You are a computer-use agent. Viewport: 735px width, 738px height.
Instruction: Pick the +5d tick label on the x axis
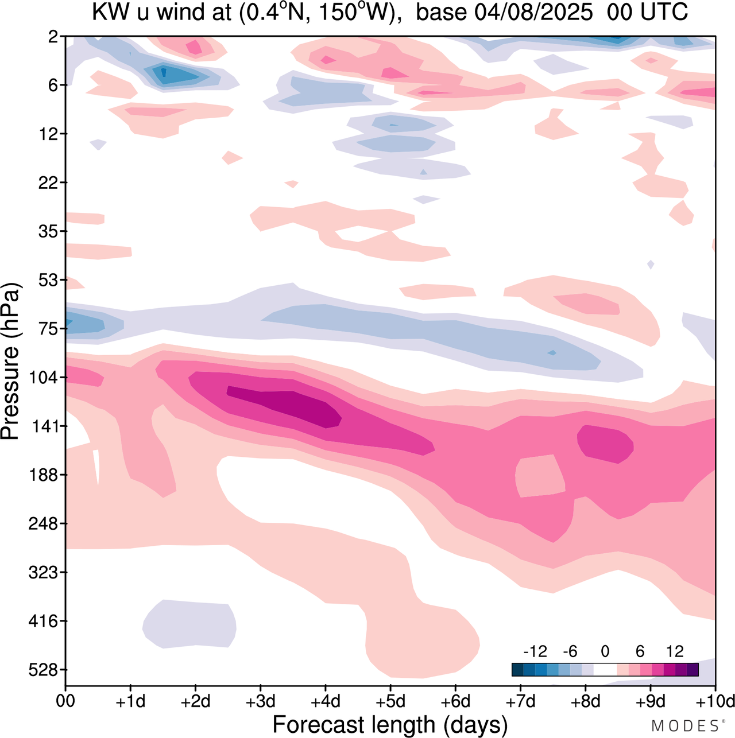pyautogui.click(x=390, y=702)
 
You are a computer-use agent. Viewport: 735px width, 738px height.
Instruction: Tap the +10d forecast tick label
pyautogui.click(x=715, y=702)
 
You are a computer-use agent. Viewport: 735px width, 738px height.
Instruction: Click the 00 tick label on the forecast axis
pyautogui.click(x=65, y=702)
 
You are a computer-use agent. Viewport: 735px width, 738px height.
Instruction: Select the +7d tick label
pyautogui.click(x=520, y=702)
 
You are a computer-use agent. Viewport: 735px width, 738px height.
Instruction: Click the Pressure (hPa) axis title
pyautogui.click(x=11, y=362)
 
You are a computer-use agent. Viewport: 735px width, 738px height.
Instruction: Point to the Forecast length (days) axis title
pyautogui.click(x=390, y=724)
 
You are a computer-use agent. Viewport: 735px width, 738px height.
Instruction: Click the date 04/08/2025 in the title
pyautogui.click(x=533, y=13)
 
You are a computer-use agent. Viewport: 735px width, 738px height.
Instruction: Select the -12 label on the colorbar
pyautogui.click(x=535, y=652)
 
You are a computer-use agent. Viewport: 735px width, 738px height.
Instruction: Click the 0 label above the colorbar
pyautogui.click(x=605, y=652)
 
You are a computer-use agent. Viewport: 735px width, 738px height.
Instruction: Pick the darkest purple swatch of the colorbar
pyautogui.click(x=693, y=669)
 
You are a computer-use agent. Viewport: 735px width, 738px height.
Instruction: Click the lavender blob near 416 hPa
pyautogui.click(x=189, y=624)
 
